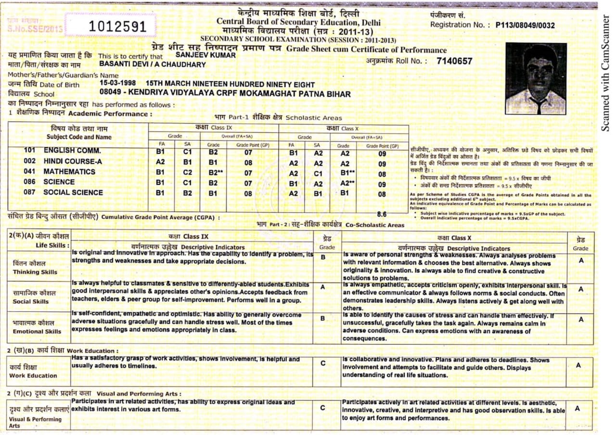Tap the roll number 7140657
coord(454,61)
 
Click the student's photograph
coord(535,78)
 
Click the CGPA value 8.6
coord(383,214)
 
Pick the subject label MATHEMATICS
coord(69,172)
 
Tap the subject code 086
coord(30,182)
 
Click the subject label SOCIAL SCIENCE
coord(73,192)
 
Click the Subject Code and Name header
coord(78,133)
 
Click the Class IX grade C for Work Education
coord(322,363)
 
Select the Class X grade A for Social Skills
coord(581,290)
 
